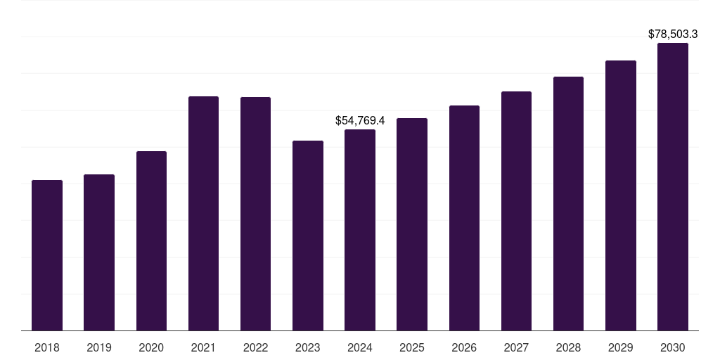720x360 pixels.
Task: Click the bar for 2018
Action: [x=47, y=255]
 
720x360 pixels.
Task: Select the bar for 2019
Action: [x=99, y=252]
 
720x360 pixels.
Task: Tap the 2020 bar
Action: [x=151, y=240]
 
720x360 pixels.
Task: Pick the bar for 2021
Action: [x=203, y=213]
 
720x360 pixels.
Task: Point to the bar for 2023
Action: [x=308, y=236]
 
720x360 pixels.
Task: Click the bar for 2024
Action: [x=360, y=230]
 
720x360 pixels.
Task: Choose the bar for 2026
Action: [x=464, y=218]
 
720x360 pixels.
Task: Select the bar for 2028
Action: [x=568, y=203]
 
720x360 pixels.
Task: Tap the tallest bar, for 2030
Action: [x=673, y=186]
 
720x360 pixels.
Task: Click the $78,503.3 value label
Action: [x=673, y=34]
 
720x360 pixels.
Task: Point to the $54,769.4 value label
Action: [x=360, y=121]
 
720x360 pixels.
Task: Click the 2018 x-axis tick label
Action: [x=47, y=347]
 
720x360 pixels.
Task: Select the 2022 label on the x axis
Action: [x=255, y=347]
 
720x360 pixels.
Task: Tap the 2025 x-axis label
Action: [x=412, y=347]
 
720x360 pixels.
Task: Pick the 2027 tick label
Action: [x=516, y=347]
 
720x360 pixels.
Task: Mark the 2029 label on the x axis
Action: [x=620, y=347]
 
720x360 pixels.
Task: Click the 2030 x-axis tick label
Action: [x=673, y=347]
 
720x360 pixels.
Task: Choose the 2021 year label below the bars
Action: [x=203, y=347]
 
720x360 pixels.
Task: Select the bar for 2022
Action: [x=255, y=214]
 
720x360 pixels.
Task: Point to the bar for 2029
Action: [x=621, y=195]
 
